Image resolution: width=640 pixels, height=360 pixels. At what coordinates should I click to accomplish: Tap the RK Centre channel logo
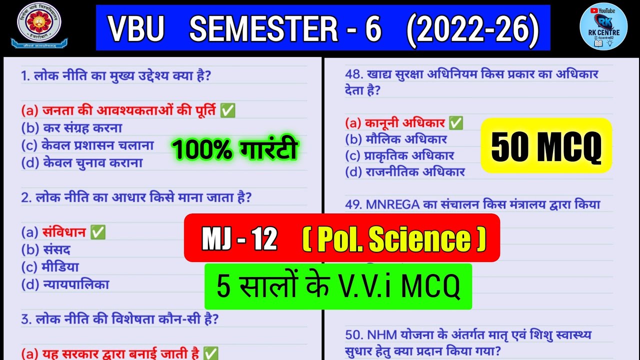pos(603,26)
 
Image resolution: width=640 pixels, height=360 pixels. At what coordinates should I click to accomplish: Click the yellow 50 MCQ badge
pos(546,146)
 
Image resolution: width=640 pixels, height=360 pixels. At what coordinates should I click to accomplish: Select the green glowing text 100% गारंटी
pos(234,149)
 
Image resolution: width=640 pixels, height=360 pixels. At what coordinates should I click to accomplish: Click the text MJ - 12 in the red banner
pos(239,239)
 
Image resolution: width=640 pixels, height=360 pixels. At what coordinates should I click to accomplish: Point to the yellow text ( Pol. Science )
pos(394,239)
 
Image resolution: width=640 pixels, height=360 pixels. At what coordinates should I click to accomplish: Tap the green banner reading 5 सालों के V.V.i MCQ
pos(338,286)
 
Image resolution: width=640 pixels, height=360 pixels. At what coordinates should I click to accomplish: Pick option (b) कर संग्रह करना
pos(71,128)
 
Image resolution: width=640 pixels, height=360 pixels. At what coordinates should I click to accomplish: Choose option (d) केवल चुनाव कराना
pos(82,163)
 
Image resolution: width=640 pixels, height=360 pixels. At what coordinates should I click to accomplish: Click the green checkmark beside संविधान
pos(98,232)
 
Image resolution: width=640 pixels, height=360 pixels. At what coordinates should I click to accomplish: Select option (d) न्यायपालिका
pos(65,285)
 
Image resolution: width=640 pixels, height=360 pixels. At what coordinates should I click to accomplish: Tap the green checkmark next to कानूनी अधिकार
pos(455,123)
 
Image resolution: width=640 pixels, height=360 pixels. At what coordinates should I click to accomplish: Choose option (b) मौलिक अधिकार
pos(396,139)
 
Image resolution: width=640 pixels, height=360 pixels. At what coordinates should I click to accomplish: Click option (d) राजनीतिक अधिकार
pos(405,172)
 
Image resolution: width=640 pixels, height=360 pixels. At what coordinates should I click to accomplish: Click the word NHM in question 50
pos(382,334)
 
